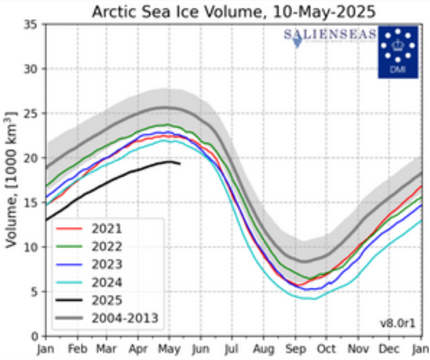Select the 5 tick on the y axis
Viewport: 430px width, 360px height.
(x=34, y=291)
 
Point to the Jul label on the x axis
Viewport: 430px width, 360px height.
(x=232, y=350)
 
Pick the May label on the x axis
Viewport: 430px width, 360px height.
(x=169, y=350)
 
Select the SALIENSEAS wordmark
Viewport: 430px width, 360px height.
(x=330, y=35)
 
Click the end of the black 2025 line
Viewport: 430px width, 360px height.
(x=180, y=163)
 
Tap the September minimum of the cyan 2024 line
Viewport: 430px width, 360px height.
(x=313, y=299)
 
